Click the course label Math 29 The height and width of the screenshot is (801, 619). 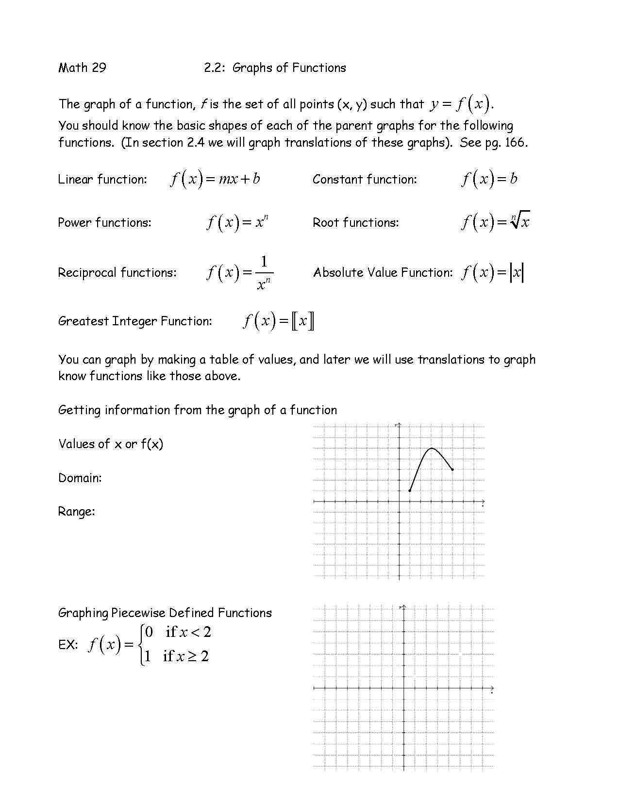pyautogui.click(x=82, y=67)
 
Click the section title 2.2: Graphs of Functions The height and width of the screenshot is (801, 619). pyautogui.click(x=275, y=67)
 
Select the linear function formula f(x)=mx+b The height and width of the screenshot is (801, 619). pyautogui.click(x=215, y=179)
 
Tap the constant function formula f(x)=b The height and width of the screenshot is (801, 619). pyautogui.click(x=489, y=179)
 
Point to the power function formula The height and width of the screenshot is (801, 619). pyautogui.click(x=237, y=223)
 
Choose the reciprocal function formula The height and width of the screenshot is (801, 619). pyautogui.click(x=240, y=273)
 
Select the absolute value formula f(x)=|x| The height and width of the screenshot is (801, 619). pyautogui.click(x=492, y=272)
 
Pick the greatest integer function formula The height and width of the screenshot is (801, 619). pyautogui.click(x=279, y=321)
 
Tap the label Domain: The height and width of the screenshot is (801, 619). pyautogui.click(x=80, y=478)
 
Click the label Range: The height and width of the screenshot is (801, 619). pyautogui.click(x=77, y=511)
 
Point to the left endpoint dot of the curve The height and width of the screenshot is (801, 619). pyautogui.click(x=410, y=491)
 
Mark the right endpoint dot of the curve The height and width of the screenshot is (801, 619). pyautogui.click(x=452, y=469)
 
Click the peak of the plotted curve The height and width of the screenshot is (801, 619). pyautogui.click(x=432, y=448)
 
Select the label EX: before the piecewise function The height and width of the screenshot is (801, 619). pyautogui.click(x=68, y=645)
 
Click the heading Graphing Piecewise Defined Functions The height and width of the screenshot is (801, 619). pyautogui.click(x=165, y=613)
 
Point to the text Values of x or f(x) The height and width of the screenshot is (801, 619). pyautogui.click(x=111, y=444)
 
